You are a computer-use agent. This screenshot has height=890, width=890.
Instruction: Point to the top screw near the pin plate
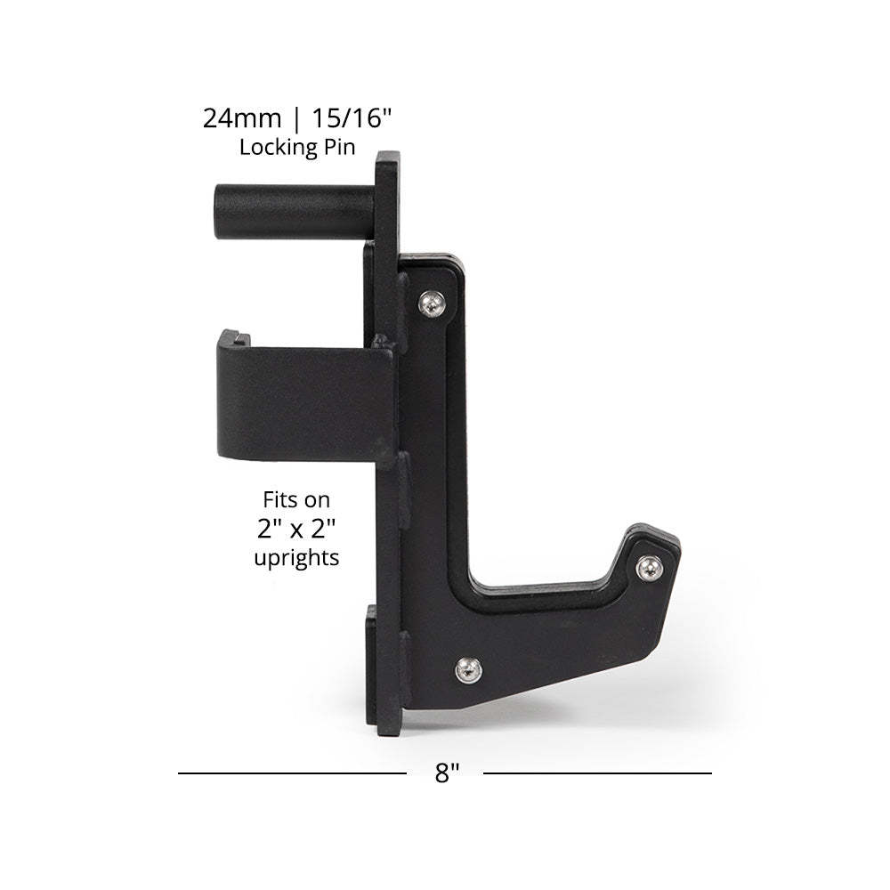[433, 304]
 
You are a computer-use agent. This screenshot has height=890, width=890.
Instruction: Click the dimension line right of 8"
[596, 773]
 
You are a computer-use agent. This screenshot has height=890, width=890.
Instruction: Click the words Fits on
[295, 500]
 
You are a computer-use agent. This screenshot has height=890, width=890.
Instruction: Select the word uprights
[295, 560]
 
